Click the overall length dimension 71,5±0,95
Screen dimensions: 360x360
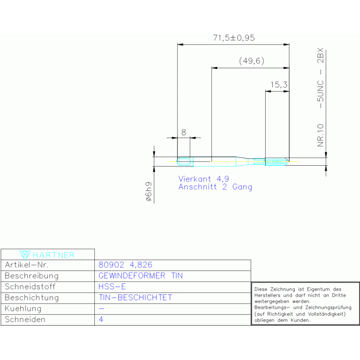click(234, 38)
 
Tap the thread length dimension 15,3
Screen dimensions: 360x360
click(279, 84)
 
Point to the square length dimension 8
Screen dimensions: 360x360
click(184, 132)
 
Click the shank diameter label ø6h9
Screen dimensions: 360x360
click(149, 191)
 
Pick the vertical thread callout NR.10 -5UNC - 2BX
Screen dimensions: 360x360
click(320, 97)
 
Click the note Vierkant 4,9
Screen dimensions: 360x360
click(204, 179)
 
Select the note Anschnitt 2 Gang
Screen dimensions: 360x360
click(215, 187)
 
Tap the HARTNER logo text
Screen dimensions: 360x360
click(54, 255)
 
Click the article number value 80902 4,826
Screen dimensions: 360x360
click(125, 265)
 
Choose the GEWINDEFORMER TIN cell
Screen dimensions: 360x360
click(140, 276)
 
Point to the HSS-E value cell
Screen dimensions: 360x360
click(112, 286)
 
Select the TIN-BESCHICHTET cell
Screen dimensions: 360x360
click(135, 298)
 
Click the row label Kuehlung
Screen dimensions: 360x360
click(23, 308)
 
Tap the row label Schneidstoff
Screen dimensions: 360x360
click(30, 286)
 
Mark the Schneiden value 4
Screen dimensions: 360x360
click(101, 319)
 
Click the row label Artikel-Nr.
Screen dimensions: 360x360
click(27, 265)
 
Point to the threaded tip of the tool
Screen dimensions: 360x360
click(277, 161)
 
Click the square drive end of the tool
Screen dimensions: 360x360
click(184, 161)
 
